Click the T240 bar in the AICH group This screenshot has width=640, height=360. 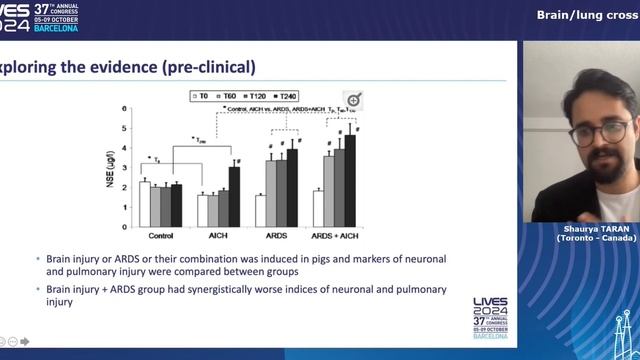click(x=235, y=183)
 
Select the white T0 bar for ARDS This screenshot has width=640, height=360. click(x=260, y=210)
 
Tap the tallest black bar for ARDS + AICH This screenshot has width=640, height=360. click(x=350, y=168)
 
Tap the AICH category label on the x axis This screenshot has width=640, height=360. click(x=219, y=237)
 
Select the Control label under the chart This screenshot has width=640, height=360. click(x=161, y=237)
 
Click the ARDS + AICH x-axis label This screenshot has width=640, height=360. click(x=333, y=237)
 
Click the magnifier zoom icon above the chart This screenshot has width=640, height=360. click(x=352, y=100)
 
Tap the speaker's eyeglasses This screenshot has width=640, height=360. click(x=599, y=131)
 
